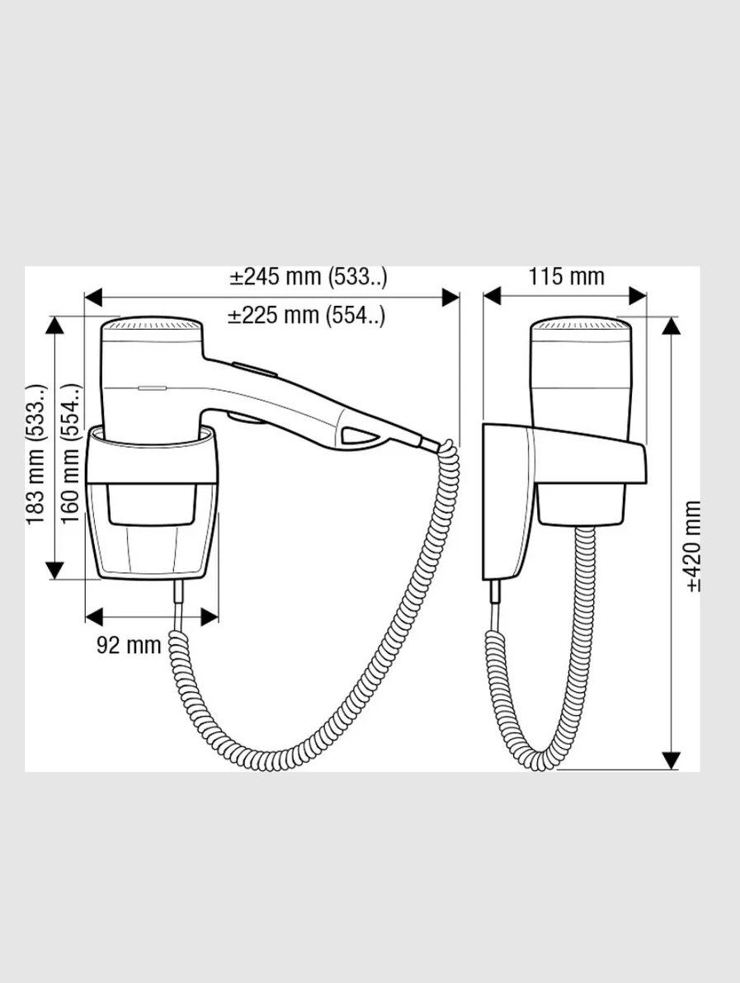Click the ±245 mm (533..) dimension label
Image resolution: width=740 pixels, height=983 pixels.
[x=308, y=276]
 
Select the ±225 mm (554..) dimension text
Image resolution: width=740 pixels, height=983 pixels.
[x=306, y=315]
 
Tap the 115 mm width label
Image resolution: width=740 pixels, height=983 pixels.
[x=566, y=276]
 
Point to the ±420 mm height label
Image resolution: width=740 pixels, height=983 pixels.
[x=692, y=546]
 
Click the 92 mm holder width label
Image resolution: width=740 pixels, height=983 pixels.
[x=129, y=645]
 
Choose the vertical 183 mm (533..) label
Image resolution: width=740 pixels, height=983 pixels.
[x=35, y=454]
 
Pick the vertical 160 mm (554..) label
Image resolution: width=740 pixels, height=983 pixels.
[x=71, y=454]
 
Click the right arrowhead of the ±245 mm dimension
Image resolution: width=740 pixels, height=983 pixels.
[x=451, y=297]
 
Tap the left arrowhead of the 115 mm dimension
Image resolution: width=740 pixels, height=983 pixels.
[x=493, y=296]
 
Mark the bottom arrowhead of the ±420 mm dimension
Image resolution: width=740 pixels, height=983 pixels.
[x=671, y=760]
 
